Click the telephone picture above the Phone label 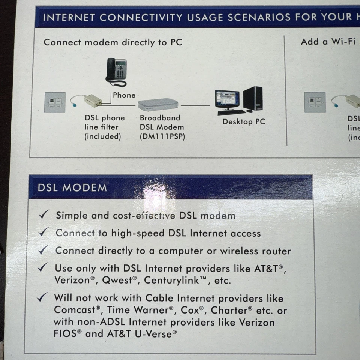(116, 72)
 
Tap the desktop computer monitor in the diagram (227, 99)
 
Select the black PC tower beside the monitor (253, 98)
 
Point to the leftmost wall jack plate (55, 102)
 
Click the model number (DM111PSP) (162, 136)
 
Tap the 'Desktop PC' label (243, 121)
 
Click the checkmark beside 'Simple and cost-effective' (44, 215)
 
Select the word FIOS (65, 334)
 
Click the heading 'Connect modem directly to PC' (113, 42)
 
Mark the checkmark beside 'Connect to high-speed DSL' (44, 232)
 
